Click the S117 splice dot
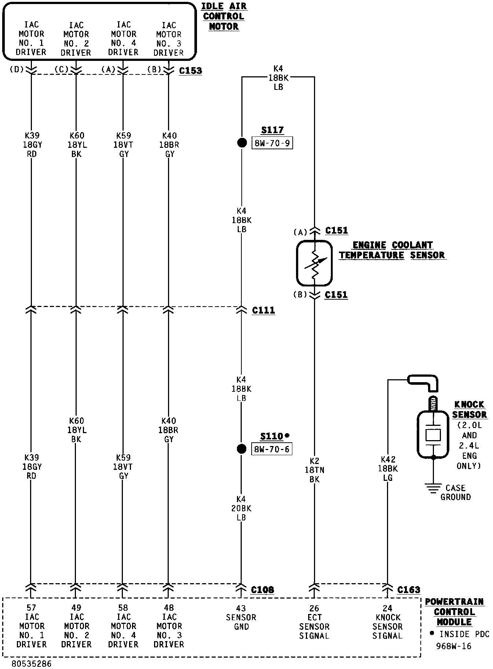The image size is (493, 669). [242, 143]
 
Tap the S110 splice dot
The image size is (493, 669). [241, 449]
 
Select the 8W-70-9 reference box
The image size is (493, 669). [272, 143]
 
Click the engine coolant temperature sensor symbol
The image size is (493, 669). [314, 263]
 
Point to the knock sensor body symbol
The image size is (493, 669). [433, 435]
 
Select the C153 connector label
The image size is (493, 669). [190, 70]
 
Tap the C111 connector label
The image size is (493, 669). [263, 310]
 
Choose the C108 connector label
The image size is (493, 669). [263, 590]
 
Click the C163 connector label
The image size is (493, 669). [409, 590]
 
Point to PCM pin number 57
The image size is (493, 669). [31, 608]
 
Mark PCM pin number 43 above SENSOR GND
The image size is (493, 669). [241, 608]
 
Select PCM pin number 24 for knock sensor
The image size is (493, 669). [387, 608]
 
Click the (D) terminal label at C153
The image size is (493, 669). [17, 69]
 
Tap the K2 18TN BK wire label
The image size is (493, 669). [314, 470]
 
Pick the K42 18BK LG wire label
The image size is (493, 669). [388, 468]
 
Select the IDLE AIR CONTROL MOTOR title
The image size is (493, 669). [224, 17]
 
